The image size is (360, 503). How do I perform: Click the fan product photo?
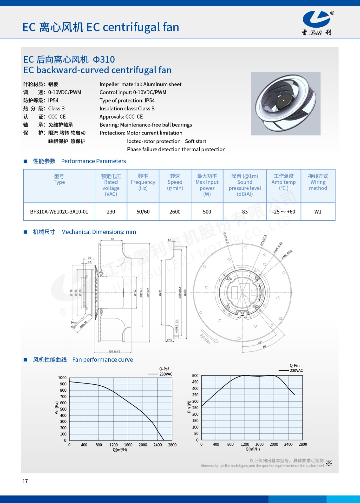[285, 103]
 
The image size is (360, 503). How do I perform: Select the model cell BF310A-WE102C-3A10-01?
[59, 212]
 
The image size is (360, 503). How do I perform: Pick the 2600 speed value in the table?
[175, 212]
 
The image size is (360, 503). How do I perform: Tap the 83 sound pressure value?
[245, 212]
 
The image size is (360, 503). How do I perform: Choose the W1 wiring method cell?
[318, 212]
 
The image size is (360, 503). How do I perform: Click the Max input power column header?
[207, 185]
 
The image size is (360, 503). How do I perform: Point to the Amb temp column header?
[284, 182]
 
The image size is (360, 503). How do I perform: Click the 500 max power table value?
[207, 212]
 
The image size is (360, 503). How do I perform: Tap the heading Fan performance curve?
[103, 360]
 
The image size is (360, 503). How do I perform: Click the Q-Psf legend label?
[164, 369]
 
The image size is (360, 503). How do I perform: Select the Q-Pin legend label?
[295, 365]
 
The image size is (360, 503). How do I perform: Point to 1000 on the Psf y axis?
[62, 378]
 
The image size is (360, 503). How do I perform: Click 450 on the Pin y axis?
[195, 382]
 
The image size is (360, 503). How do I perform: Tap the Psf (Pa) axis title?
[56, 408]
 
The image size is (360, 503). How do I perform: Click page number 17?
[25, 481]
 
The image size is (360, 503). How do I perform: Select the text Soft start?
[195, 141]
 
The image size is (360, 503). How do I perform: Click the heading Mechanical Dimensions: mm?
[98, 232]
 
